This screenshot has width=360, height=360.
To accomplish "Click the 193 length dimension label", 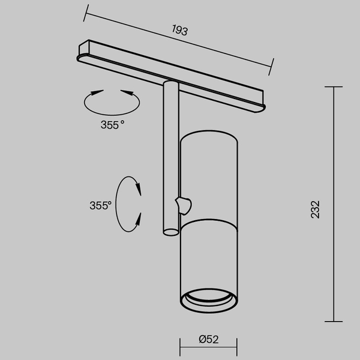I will coord(179,30).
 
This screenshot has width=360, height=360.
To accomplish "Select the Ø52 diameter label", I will coord(208,339).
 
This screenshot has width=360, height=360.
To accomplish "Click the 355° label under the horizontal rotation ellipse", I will coord(112,125).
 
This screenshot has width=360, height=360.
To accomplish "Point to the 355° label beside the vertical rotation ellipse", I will coord(100,205).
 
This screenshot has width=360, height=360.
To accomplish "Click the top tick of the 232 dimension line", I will coord(334,87).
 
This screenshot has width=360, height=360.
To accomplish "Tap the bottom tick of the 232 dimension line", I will coord(334,322).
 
